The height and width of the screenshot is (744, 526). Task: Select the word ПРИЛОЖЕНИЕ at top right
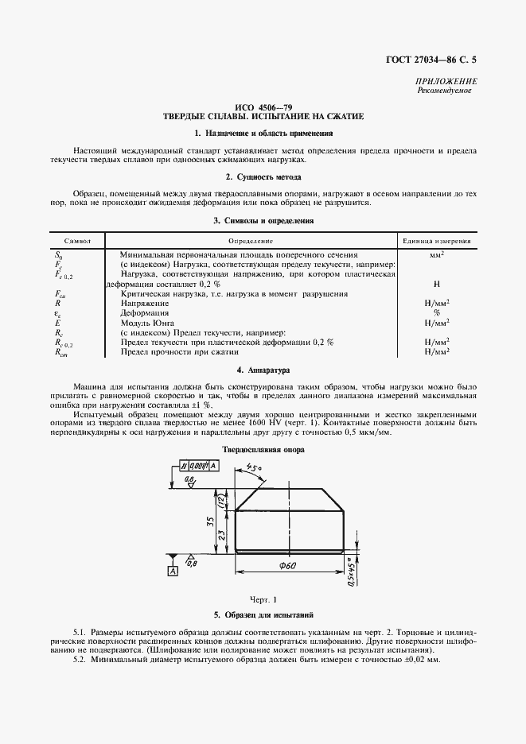[x=446, y=82]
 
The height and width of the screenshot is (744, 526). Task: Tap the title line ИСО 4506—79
[x=263, y=107]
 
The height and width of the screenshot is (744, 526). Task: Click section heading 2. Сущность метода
[x=263, y=176]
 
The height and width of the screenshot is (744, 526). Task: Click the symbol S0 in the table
[x=57, y=254]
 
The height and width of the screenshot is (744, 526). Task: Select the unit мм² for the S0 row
[x=437, y=254]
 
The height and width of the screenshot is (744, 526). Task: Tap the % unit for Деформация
[x=437, y=312]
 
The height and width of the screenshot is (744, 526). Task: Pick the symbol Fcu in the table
[x=59, y=293]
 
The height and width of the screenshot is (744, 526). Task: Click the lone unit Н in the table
[x=437, y=283]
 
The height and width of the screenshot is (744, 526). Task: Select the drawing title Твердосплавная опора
[x=263, y=449]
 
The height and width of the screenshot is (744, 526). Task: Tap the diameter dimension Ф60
[x=289, y=566]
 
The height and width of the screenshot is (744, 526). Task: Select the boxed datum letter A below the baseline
[x=172, y=571]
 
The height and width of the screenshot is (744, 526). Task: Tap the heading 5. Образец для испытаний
[x=263, y=615]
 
